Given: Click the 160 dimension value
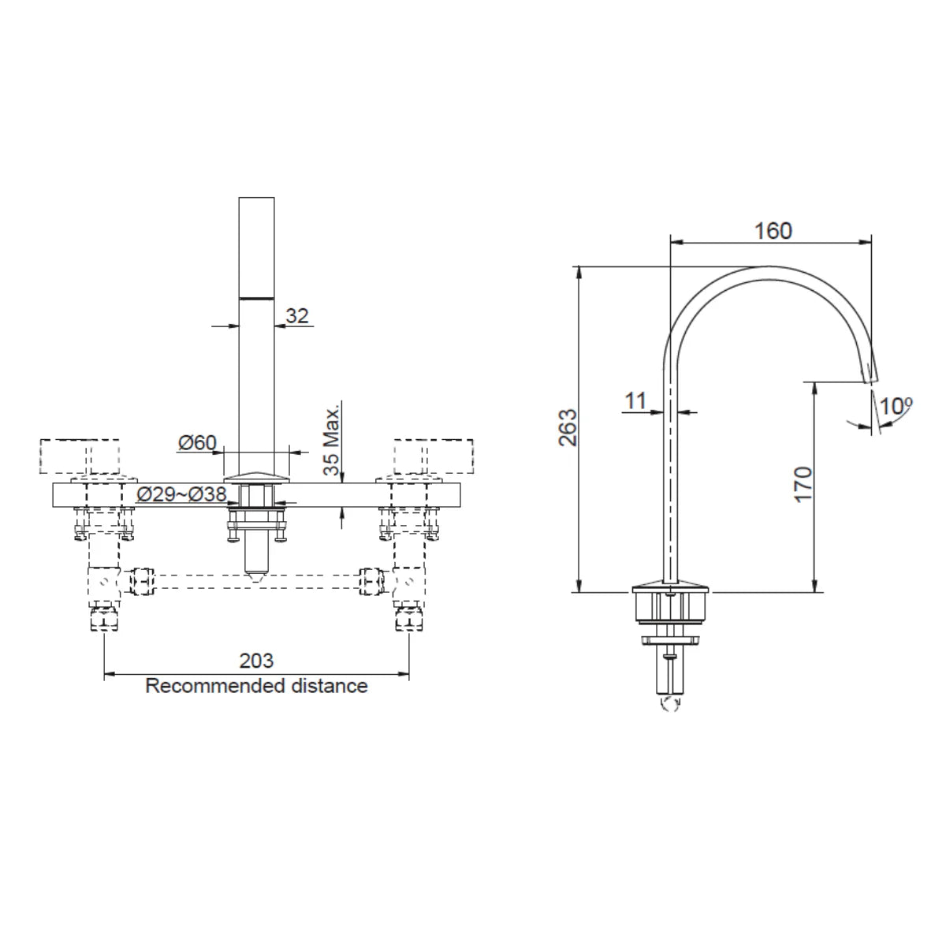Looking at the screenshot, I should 773,231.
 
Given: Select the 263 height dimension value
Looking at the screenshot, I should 568,428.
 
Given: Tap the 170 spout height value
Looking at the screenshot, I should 803,484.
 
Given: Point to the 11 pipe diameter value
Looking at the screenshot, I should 635,400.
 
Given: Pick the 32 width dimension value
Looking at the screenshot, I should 296,316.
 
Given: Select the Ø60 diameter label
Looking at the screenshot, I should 197,443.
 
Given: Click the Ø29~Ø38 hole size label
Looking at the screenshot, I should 181,495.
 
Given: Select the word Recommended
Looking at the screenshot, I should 213,686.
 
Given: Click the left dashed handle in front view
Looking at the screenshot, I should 82,456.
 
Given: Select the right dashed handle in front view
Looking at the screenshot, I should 434,456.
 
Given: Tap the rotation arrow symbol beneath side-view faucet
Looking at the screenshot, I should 672,704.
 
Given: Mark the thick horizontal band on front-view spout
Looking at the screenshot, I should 256,298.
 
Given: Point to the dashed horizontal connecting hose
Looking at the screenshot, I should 256,583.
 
